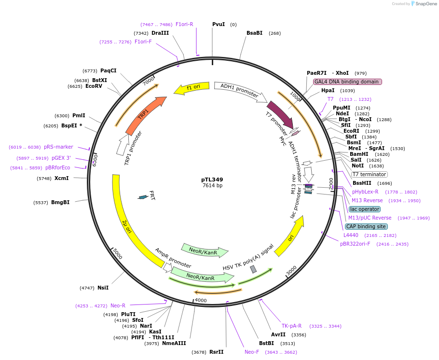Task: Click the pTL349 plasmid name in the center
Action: (x=212, y=180)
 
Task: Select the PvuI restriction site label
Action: (x=219, y=24)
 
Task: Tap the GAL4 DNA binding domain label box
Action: (x=347, y=82)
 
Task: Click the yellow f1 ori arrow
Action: (x=192, y=88)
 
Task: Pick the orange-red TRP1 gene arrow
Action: (x=145, y=115)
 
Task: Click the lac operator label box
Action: (x=365, y=209)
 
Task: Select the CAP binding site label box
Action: (x=366, y=226)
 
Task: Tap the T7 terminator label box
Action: (x=369, y=174)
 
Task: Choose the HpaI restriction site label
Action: (x=328, y=90)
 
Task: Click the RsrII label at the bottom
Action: (x=216, y=352)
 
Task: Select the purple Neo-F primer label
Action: (x=252, y=352)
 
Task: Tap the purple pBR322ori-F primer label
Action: (x=355, y=244)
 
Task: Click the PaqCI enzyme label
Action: (x=108, y=70)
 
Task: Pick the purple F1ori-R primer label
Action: (x=184, y=24)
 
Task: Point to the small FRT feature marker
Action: (x=143, y=197)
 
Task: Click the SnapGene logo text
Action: (x=425, y=4)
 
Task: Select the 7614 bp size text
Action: (x=212, y=186)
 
